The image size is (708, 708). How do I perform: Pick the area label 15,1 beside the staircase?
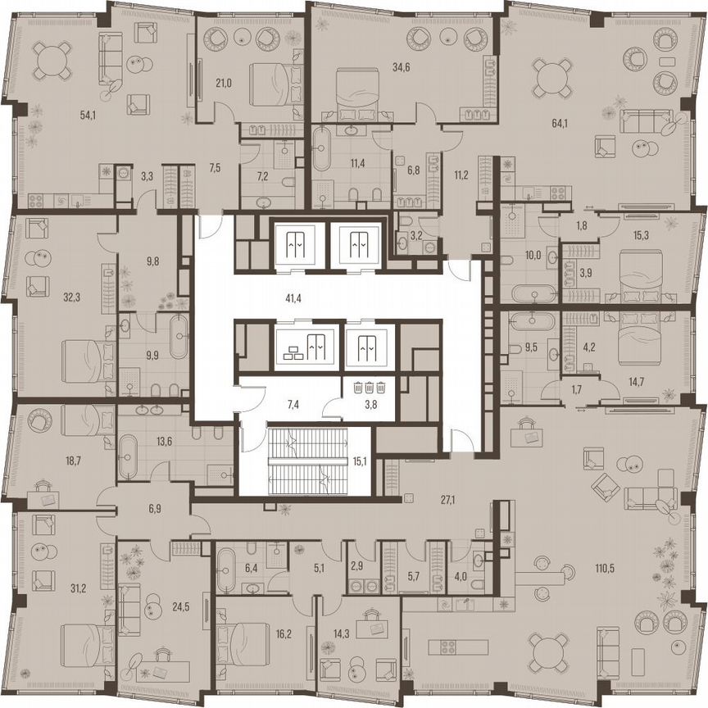358,461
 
